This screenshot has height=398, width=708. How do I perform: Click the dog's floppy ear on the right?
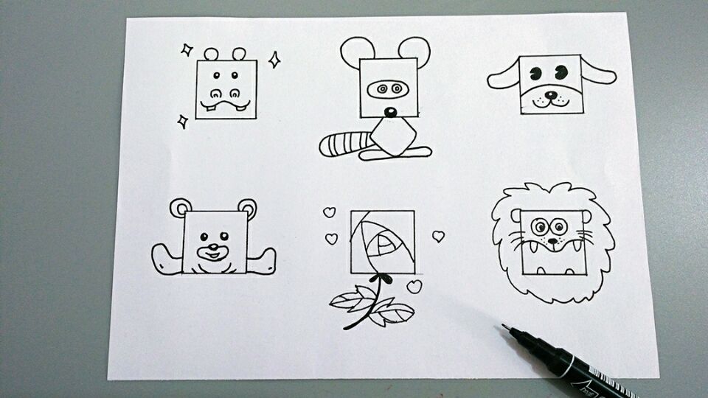598,72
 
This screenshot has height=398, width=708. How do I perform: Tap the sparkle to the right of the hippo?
274,60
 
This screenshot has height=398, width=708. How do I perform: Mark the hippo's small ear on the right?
239,54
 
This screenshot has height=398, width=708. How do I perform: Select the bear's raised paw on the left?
164,259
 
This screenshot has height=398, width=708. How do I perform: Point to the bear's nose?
213,245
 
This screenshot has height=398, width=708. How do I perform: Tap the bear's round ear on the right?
248,208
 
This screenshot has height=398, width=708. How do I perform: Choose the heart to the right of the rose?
438,236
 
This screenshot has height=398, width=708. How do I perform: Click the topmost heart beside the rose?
329,212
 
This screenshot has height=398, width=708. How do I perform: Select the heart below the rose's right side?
414,286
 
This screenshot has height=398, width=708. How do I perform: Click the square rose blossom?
382,242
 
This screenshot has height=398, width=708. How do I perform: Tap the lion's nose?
551,240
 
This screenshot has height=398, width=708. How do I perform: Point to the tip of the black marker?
505,326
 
